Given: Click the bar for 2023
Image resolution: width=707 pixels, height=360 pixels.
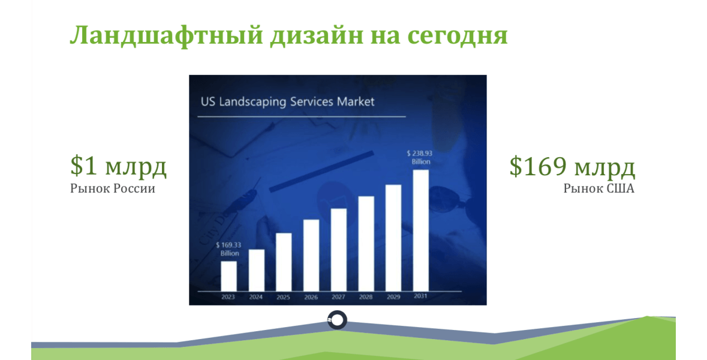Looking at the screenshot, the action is coord(228,276).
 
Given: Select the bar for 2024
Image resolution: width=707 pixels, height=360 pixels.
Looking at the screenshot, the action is coord(257,270).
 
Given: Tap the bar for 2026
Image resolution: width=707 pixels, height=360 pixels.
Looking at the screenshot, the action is coord(311,256).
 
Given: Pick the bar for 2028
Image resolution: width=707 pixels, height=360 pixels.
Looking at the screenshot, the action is coord(366,244).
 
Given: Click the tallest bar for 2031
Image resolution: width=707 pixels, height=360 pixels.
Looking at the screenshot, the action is coord(421,230).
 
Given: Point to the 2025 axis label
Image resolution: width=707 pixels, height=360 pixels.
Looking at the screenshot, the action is coord(283,297).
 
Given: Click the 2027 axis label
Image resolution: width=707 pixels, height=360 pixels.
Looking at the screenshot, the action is coord(338,297).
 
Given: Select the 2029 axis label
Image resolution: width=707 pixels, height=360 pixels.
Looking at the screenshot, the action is coord(393,297).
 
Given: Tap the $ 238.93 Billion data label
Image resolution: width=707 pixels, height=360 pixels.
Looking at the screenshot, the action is coord(420,157).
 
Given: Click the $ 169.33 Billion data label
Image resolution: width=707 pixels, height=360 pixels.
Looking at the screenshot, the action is coord(228,249).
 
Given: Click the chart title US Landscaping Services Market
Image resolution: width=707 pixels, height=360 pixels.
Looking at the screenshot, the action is coord(288,101).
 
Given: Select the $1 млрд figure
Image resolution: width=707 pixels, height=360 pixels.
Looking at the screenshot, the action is coord(119,166).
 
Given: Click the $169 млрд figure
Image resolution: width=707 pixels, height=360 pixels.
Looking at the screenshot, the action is coord(572,166).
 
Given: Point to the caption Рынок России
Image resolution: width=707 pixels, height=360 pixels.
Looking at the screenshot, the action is coord(113,188).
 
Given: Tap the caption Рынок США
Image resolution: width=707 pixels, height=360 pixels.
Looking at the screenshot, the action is coord(599,188).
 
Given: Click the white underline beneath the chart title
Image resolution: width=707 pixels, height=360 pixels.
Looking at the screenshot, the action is coord(302,116).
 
